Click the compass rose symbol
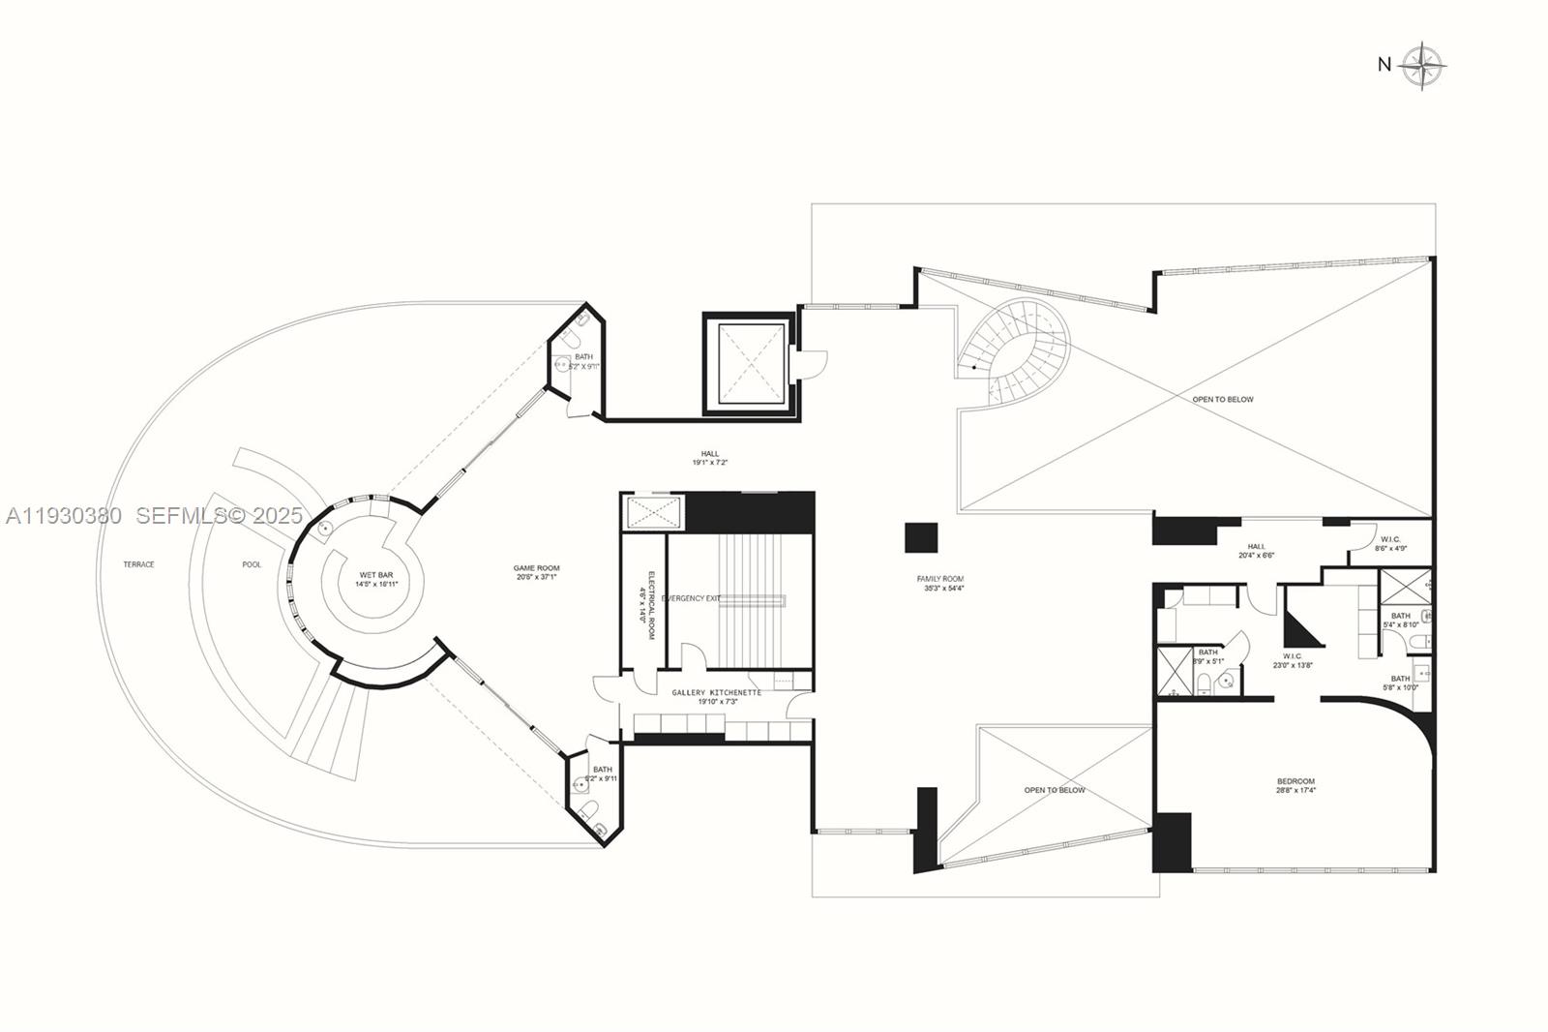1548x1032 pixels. coord(1422,66)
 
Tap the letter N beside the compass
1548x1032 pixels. coord(1384,65)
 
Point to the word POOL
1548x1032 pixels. coord(252,564)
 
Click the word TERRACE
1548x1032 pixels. coord(138,564)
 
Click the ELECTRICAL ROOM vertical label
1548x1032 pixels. coord(650,605)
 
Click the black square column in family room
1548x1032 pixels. coord(921,537)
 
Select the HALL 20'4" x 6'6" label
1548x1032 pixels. coord(1256,551)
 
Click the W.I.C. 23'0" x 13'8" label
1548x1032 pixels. coord(1292,660)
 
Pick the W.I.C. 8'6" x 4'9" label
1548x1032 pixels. coord(1390,543)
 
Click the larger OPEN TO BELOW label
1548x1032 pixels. coord(1223,399)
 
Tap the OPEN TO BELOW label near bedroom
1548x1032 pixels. coord(1055,790)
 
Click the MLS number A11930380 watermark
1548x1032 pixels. coord(64,516)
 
